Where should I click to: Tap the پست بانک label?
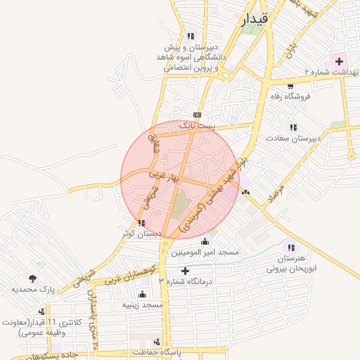point(196,125)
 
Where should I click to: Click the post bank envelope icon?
point(197,115)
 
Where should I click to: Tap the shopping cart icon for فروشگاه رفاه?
point(290,86)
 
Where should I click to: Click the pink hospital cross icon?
point(340,62)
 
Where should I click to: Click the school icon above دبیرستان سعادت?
point(292,127)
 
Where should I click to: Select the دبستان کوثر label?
point(142,233)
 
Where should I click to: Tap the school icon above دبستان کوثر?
point(142,223)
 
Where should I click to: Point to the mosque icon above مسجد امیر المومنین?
point(205,242)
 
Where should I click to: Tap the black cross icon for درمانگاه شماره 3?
point(185,271)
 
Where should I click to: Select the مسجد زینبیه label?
point(143,305)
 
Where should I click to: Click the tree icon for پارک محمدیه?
point(32,278)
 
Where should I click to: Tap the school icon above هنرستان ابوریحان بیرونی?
point(291,247)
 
